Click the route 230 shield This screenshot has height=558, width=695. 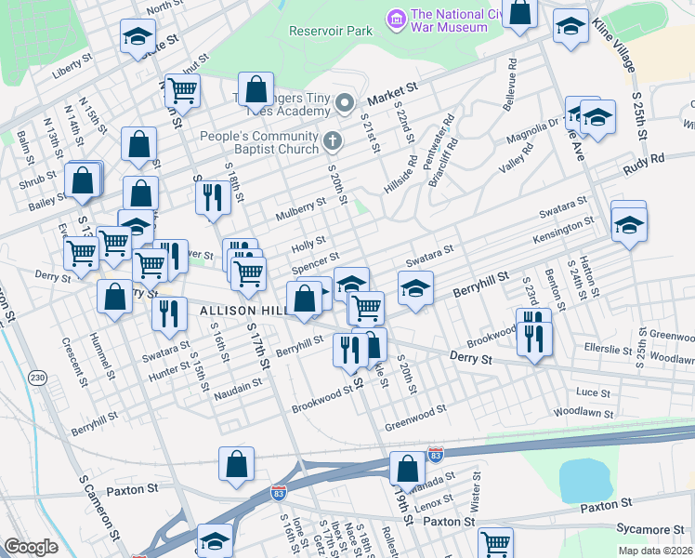pyautogui.click(x=37, y=377)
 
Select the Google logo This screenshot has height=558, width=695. pyautogui.click(x=31, y=546)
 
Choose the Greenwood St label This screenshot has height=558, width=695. pyautogui.click(x=416, y=407)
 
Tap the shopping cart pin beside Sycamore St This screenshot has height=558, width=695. pyautogui.click(x=495, y=541)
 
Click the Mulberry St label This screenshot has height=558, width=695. pyautogui.click(x=299, y=215)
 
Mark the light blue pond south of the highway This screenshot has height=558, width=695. pyautogui.click(x=584, y=479)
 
